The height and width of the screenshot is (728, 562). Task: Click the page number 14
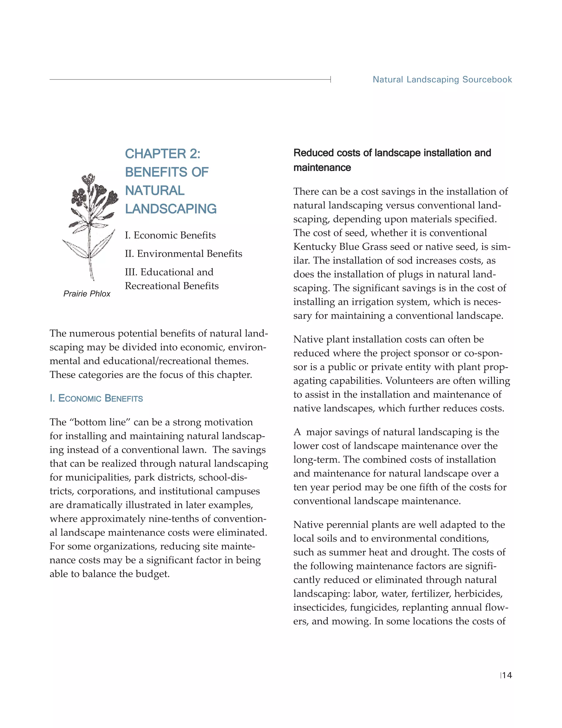coord(507,675)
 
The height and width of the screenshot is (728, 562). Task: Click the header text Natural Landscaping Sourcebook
coord(442,79)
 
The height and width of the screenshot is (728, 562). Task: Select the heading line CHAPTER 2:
coord(162,154)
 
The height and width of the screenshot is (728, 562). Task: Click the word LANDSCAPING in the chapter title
coord(170,209)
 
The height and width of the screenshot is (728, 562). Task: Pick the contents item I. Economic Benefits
coord(170,235)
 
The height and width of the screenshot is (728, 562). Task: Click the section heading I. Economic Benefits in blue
coord(96,398)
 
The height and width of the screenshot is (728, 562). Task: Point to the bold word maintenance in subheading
coord(322,168)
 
